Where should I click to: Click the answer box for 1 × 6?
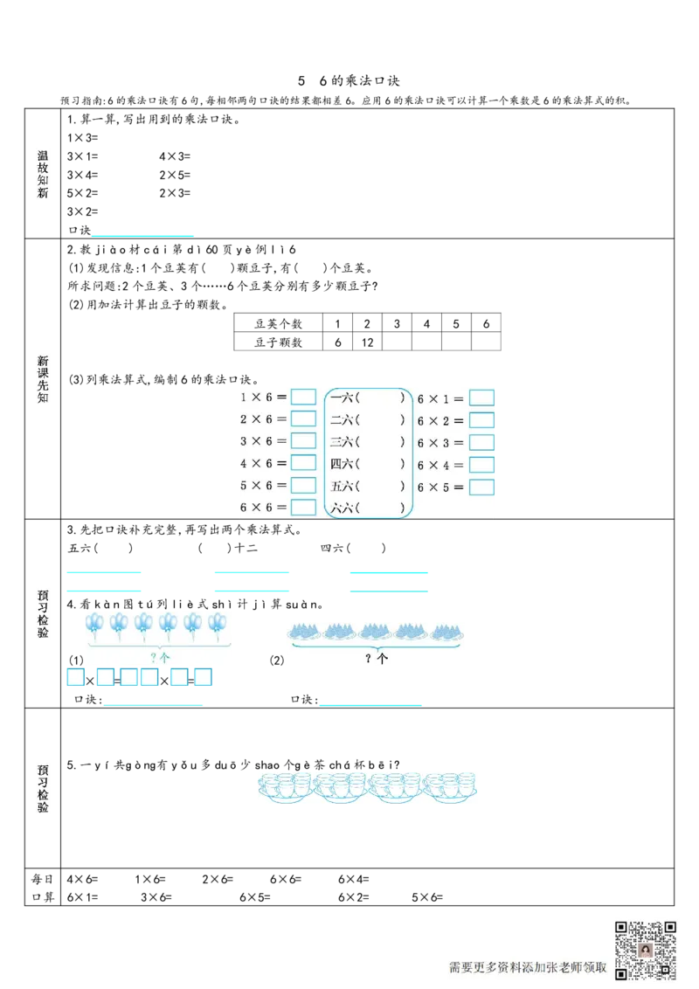(303, 397)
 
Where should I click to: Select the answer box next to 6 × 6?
(303, 507)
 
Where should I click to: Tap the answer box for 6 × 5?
(481, 487)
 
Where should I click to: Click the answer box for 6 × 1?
(481, 398)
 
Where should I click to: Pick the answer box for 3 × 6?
(303, 441)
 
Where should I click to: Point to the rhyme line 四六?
(367, 464)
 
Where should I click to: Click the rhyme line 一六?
(367, 398)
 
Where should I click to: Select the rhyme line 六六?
(367, 508)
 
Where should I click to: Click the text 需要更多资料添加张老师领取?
(528, 967)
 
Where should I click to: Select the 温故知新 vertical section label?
(45, 175)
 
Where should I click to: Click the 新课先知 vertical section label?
(45, 378)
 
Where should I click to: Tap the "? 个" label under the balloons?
(159, 657)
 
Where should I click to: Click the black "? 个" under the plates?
(377, 659)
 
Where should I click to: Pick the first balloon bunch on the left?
(94, 624)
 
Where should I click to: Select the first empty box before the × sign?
(75, 677)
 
